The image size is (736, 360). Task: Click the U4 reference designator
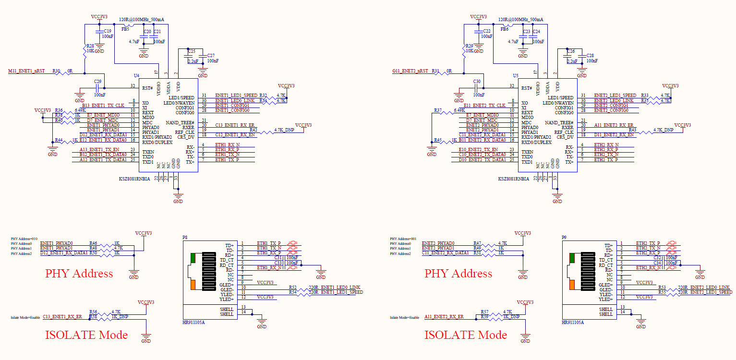[136, 76]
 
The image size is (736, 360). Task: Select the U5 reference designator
[516, 76]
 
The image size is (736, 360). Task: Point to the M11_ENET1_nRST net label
[26, 71]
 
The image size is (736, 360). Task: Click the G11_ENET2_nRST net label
[410, 71]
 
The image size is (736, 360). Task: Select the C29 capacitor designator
[97, 82]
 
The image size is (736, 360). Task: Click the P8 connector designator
[185, 238]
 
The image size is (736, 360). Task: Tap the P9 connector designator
[565, 238]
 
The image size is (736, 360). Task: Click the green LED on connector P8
[193, 258]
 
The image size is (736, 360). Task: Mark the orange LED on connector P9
[572, 285]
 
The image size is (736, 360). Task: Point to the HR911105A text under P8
[193, 323]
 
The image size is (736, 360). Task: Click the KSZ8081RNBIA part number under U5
[514, 179]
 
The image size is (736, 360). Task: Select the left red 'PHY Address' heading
[79, 274]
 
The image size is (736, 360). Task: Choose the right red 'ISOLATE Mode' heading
[465, 335]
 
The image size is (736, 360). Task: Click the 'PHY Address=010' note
[24, 239]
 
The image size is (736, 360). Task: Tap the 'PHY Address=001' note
[403, 239]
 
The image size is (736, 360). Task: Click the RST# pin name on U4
[147, 88]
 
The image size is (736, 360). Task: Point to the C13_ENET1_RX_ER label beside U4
[235, 125]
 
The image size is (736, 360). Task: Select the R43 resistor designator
[632, 130]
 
